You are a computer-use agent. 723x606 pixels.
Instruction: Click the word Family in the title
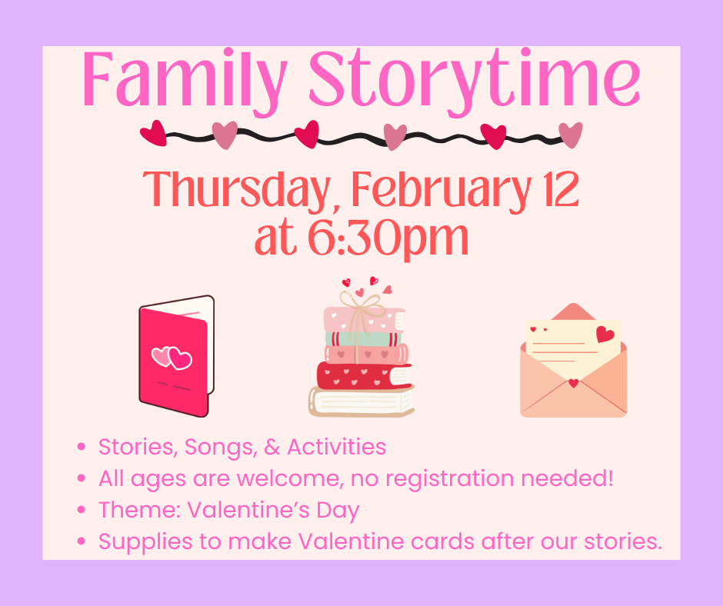coord(185,82)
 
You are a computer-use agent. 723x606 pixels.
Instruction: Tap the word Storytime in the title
coord(475,82)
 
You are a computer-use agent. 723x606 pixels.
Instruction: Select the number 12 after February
coord(561,188)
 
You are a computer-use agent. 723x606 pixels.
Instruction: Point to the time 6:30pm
coord(388,239)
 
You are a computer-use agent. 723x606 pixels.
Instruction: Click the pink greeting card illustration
coord(177,356)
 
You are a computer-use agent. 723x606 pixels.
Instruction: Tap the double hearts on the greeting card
coord(172,358)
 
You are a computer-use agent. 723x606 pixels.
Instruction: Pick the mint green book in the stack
coord(362,339)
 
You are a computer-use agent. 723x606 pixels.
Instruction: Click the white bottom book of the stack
coord(361,401)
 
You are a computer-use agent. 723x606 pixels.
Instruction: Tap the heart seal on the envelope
coord(573,383)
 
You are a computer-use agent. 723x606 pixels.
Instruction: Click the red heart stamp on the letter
coord(605,334)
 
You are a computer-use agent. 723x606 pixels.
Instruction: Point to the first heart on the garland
coord(154,133)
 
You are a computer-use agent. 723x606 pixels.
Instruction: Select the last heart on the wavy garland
coord(571,135)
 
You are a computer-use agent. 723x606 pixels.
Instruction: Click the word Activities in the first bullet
coord(337,447)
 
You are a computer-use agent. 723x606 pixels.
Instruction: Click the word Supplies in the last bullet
coord(145,542)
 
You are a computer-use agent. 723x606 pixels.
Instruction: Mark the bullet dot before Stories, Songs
coord(82,447)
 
